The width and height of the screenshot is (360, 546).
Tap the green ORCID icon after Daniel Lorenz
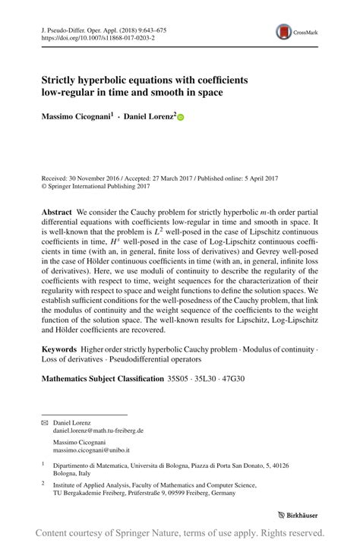pyautogui.click(x=181, y=117)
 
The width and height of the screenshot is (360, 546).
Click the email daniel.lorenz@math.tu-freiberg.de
pyautogui.click(x=98, y=430)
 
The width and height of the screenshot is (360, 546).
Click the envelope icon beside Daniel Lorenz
pyautogui.click(x=44, y=421)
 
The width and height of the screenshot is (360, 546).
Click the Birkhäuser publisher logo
pyautogui.click(x=298, y=513)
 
